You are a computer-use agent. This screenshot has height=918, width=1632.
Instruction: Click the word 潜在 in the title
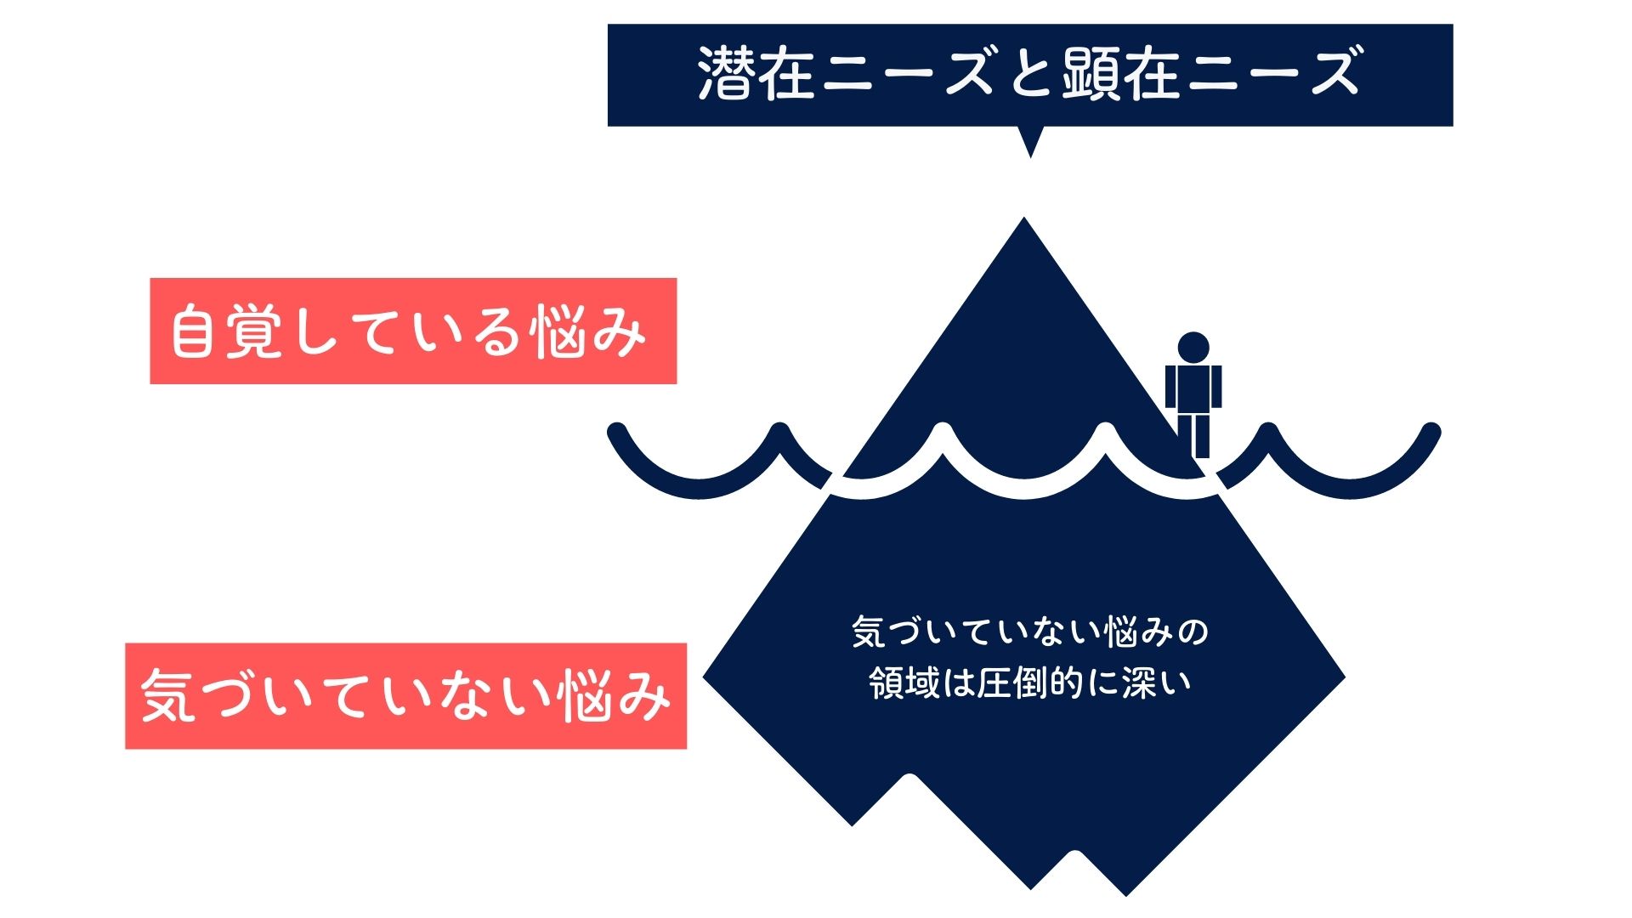[x=756, y=74]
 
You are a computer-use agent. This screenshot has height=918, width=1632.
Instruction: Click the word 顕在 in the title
[x=1120, y=74]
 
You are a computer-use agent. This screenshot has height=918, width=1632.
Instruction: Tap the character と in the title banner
[x=1030, y=74]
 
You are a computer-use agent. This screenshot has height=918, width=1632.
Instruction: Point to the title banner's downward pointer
[x=1030, y=142]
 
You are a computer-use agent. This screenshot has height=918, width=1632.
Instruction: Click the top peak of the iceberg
[x=1024, y=223]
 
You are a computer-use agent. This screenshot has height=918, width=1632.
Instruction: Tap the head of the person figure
[x=1193, y=347]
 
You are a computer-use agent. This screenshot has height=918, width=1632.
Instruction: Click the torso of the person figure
[x=1193, y=388]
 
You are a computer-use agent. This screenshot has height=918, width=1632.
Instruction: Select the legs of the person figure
[x=1198, y=435]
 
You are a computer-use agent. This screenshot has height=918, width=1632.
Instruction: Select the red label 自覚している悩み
[x=413, y=331]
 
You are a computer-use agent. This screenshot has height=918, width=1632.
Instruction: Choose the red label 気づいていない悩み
[x=405, y=696]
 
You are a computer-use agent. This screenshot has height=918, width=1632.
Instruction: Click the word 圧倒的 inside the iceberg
[x=1028, y=683]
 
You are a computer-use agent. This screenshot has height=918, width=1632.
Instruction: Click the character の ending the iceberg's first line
[x=1194, y=632]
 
